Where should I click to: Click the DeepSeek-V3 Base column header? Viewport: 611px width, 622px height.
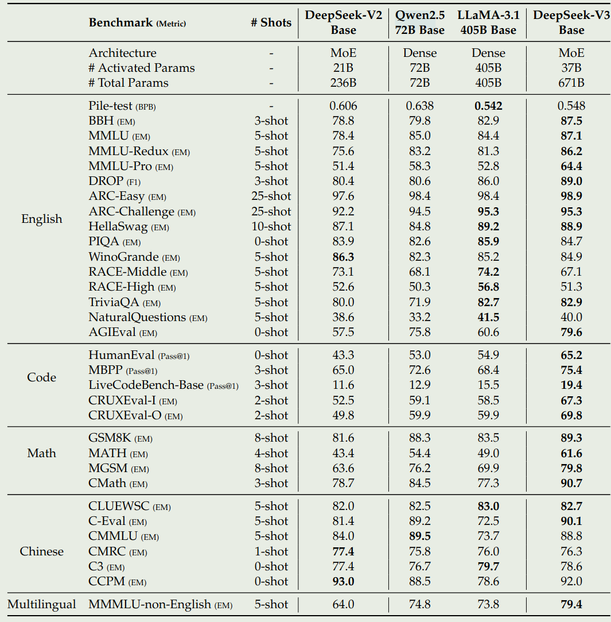(x=571, y=23)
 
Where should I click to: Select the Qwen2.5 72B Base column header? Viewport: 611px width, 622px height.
(x=419, y=23)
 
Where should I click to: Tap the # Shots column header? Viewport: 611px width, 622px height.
(x=271, y=23)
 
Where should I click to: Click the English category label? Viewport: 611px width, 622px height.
(x=42, y=219)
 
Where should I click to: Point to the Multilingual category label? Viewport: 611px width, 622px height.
(x=42, y=604)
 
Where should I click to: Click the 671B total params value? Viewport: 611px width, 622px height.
(x=571, y=83)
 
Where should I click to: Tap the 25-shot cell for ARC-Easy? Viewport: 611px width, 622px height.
(x=271, y=196)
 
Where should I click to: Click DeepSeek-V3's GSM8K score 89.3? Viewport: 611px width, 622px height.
(x=571, y=438)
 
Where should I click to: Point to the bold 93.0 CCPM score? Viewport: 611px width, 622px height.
(x=343, y=581)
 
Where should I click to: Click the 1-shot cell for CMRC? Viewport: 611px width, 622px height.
(x=271, y=551)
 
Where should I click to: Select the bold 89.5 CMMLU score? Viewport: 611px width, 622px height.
(x=419, y=536)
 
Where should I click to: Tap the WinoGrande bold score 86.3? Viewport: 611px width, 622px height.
(x=343, y=257)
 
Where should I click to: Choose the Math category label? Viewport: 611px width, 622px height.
(x=42, y=453)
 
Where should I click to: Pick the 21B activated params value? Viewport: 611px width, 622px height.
(x=343, y=68)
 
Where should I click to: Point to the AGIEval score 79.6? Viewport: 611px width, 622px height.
(x=571, y=332)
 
